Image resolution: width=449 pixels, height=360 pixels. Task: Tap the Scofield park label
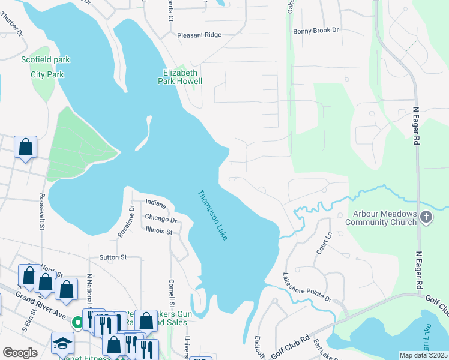(46, 60)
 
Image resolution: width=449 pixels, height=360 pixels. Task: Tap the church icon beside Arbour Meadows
(426, 217)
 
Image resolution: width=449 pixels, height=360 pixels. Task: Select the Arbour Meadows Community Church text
(381, 217)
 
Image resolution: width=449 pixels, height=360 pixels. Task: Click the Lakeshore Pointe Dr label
(307, 289)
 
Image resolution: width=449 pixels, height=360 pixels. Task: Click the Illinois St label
(158, 231)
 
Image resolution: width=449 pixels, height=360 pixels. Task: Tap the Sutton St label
(113, 257)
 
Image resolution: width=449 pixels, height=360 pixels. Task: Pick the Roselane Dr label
(125, 221)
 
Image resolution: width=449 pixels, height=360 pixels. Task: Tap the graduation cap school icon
(62, 343)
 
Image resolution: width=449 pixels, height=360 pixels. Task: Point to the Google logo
(20, 353)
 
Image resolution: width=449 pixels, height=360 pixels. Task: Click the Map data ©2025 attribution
(423, 355)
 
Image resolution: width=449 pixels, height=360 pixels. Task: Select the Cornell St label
(172, 292)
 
